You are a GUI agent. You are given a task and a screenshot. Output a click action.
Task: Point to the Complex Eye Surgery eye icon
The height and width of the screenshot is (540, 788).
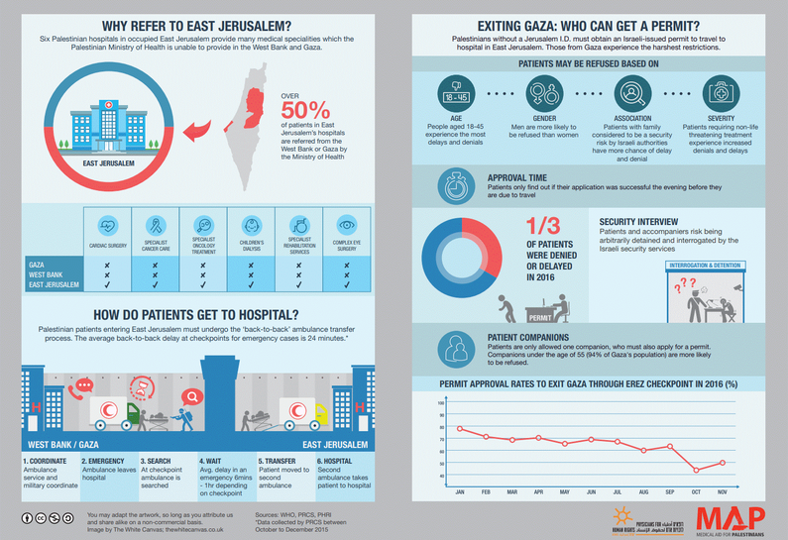347,223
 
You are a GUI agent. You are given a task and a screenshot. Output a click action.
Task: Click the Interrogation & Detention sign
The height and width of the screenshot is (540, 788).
705,266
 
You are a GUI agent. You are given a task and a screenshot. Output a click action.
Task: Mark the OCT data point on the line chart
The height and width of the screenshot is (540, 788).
696,469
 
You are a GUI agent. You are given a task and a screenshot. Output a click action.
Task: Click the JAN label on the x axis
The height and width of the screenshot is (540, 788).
460,491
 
